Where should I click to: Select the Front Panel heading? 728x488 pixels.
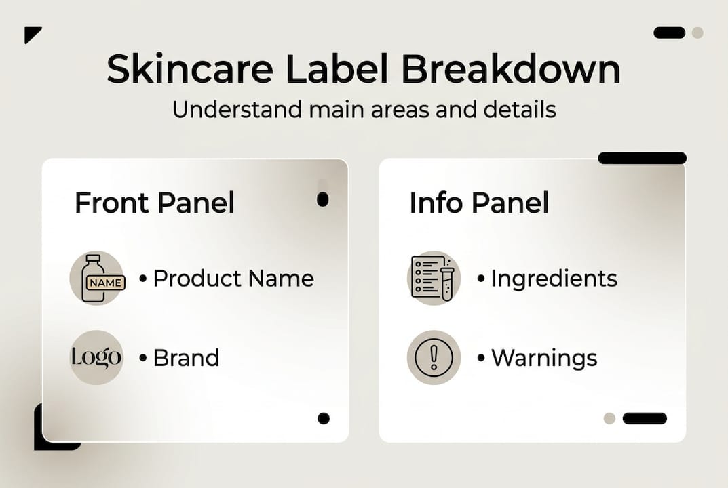pos(154,203)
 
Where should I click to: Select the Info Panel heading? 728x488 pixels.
pos(479,203)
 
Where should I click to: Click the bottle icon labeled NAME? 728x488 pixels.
pos(97,278)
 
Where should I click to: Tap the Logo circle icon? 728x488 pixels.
pos(97,357)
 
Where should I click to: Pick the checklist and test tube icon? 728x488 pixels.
pos(434,278)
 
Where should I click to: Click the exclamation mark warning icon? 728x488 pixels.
pos(434,357)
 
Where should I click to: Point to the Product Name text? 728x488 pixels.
pos(233,278)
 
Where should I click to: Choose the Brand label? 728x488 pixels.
pos(186,357)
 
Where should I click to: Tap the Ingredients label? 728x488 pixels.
pos(554,278)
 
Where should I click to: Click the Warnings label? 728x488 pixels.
pos(543,357)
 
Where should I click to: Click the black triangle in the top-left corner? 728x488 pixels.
pos(31,33)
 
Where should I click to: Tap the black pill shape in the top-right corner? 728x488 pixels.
pos(669,33)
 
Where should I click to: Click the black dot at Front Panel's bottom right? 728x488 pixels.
pos(324,418)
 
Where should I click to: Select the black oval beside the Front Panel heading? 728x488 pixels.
pos(323,199)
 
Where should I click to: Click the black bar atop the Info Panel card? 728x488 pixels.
pos(642,158)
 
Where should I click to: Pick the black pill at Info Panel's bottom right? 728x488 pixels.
pos(645,418)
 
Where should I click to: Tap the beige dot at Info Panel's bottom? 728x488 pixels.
pos(609,418)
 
